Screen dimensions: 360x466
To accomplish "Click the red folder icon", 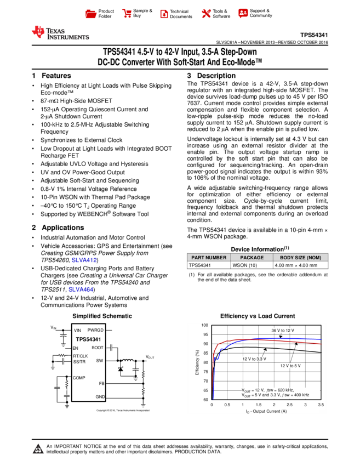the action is [x=91, y=14].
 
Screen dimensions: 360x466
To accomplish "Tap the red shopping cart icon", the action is [x=127, y=14].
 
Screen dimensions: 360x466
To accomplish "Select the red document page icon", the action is [x=164, y=14].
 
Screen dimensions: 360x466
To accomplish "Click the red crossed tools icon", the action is [x=206, y=14].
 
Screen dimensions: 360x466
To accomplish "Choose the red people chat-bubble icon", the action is [x=243, y=13].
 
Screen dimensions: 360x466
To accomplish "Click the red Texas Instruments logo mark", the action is [x=38, y=32].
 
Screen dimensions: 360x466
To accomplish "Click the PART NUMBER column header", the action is [x=209, y=258].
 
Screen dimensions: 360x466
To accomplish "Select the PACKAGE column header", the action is [x=252, y=258].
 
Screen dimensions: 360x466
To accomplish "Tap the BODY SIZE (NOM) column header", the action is [x=300, y=258].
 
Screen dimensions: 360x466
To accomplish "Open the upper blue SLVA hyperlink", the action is [x=84, y=260].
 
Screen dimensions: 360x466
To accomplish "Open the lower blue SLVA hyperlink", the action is [x=81, y=289].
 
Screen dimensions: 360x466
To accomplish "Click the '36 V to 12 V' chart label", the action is [x=283, y=331].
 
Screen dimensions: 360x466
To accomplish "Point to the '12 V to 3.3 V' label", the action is [x=254, y=359].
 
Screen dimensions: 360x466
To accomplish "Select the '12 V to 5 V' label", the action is [x=290, y=366].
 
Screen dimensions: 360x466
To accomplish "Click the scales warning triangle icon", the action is [x=38, y=449].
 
